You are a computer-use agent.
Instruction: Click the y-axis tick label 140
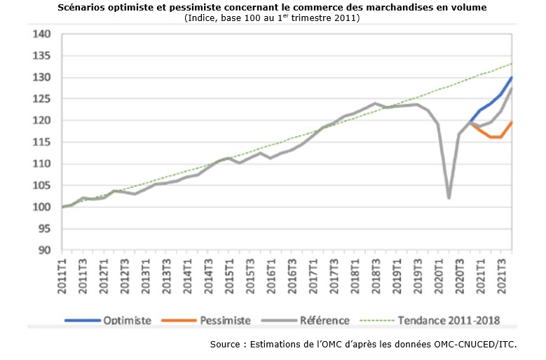click(43, 34)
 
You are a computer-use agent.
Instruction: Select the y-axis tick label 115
click(43, 142)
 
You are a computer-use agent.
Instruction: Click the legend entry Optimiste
click(127, 320)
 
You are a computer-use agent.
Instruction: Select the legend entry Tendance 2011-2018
click(449, 320)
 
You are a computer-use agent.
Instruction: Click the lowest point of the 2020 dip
click(449, 198)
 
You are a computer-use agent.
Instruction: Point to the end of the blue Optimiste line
click(512, 77)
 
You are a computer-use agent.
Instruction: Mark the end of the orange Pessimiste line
click(512, 122)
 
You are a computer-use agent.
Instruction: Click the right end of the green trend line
click(512, 64)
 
